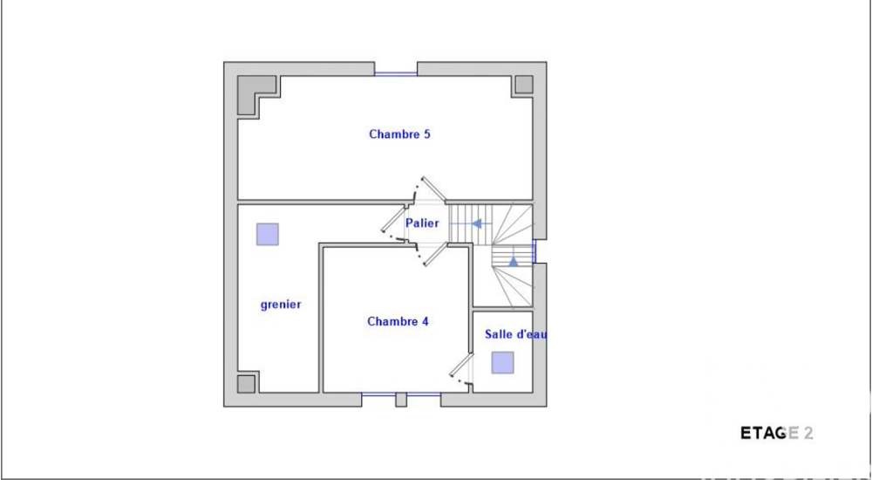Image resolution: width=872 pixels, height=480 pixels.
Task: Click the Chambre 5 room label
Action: coord(399,134)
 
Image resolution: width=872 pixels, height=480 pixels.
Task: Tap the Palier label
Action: coord(422,223)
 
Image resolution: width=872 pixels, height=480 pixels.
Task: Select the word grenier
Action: coord(281,305)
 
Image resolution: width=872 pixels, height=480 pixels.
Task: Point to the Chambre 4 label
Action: coord(398,321)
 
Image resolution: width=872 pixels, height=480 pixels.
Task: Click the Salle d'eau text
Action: coord(514,334)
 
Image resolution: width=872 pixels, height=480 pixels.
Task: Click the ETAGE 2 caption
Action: coord(776,433)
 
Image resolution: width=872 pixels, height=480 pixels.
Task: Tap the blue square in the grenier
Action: coord(267,235)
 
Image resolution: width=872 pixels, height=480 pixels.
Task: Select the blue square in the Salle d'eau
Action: coord(502,362)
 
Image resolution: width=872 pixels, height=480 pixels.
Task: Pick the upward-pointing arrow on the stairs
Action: coord(514,259)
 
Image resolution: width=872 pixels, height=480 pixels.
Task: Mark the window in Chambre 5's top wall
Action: coord(396,73)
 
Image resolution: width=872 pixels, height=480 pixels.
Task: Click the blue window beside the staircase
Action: coord(535,251)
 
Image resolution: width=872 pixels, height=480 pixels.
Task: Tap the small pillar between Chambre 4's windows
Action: coord(401,400)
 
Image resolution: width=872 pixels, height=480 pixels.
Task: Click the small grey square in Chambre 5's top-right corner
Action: coord(522,85)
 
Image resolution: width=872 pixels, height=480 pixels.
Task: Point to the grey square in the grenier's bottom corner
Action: coord(247,383)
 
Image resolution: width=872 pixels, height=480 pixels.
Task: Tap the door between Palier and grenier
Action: coord(394,222)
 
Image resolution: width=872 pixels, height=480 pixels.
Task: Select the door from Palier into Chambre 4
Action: coord(431,254)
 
